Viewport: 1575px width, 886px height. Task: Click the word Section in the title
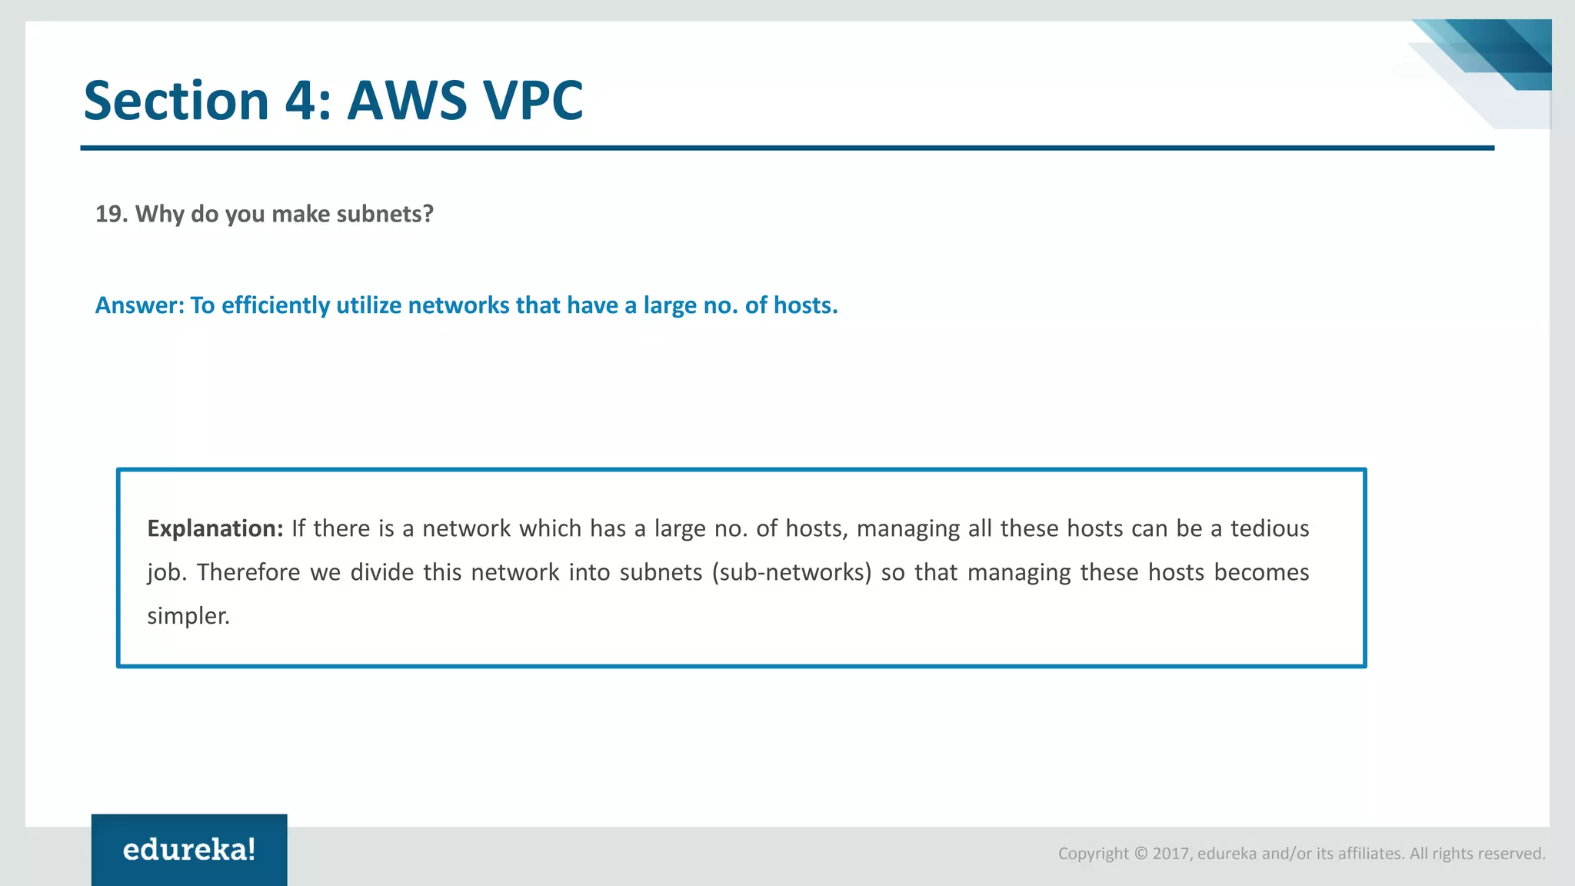pos(175,101)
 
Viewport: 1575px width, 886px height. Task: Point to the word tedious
pos(1270,528)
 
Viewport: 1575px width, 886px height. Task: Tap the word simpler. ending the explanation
pos(188,616)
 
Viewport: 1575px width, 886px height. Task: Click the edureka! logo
pos(189,850)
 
